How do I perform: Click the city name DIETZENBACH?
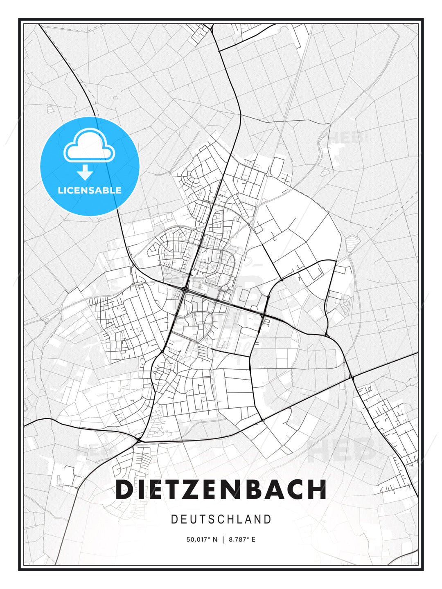[221, 490]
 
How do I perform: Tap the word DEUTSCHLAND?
[221, 519]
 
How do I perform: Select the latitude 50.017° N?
[202, 540]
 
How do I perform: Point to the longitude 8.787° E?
[242, 540]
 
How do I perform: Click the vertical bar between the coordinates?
[223, 540]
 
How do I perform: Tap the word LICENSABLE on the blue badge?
[90, 190]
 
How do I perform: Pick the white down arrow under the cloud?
[85, 172]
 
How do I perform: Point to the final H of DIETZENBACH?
[318, 490]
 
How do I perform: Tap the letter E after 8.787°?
[253, 540]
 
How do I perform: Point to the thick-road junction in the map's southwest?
[139, 441]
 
